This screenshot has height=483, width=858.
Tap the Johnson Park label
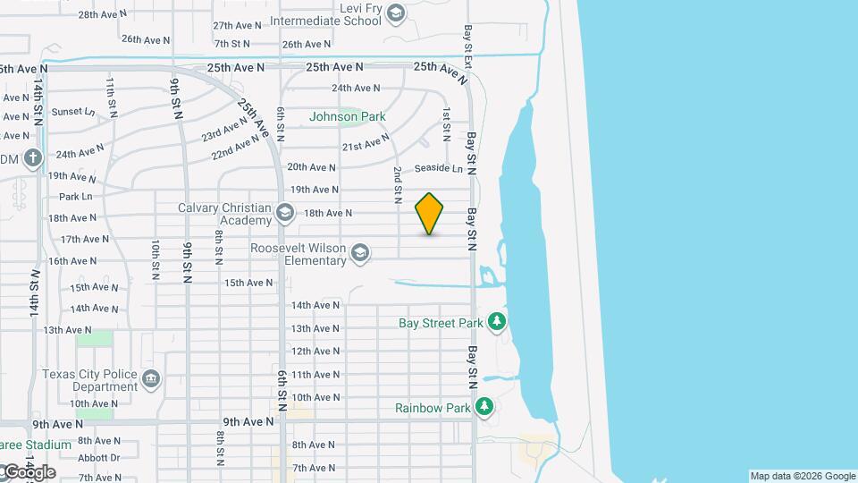(348, 116)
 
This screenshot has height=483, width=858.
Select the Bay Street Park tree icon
(497, 322)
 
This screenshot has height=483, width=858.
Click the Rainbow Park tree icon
(484, 408)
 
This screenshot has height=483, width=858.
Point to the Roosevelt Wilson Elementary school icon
(360, 253)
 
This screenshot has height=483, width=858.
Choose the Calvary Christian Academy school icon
(285, 213)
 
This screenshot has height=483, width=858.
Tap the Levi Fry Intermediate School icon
(397, 13)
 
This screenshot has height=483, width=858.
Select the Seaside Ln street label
(439, 169)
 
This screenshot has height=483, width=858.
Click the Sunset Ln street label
(72, 112)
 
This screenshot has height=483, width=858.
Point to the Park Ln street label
(76, 197)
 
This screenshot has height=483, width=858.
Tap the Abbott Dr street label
(98, 458)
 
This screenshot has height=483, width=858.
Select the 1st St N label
(446, 123)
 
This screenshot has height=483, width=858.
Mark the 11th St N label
(111, 97)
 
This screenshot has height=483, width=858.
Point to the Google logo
(29, 472)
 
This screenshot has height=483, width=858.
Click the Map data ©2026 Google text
(803, 476)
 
